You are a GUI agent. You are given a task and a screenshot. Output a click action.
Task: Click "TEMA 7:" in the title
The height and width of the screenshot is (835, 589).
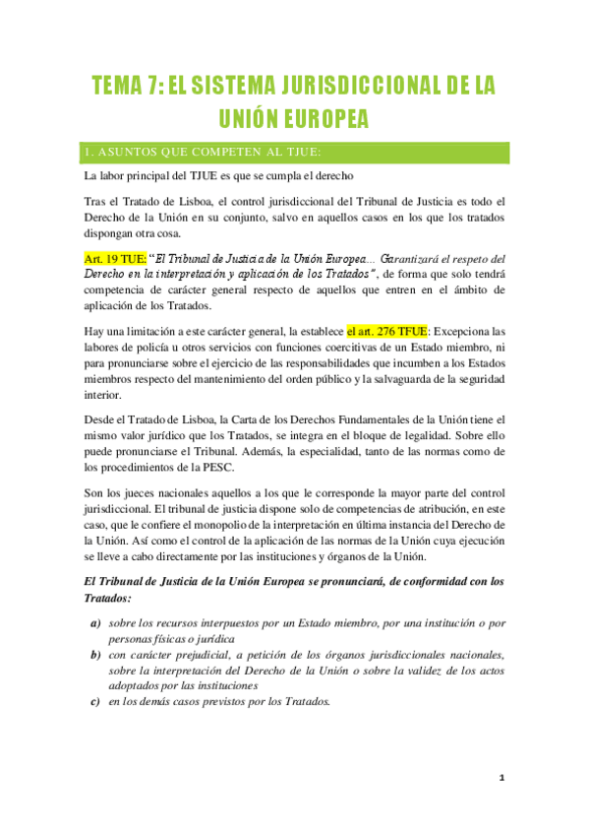(x=125, y=86)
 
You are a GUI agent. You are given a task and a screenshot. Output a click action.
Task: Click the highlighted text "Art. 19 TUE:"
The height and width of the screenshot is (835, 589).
(x=116, y=258)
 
